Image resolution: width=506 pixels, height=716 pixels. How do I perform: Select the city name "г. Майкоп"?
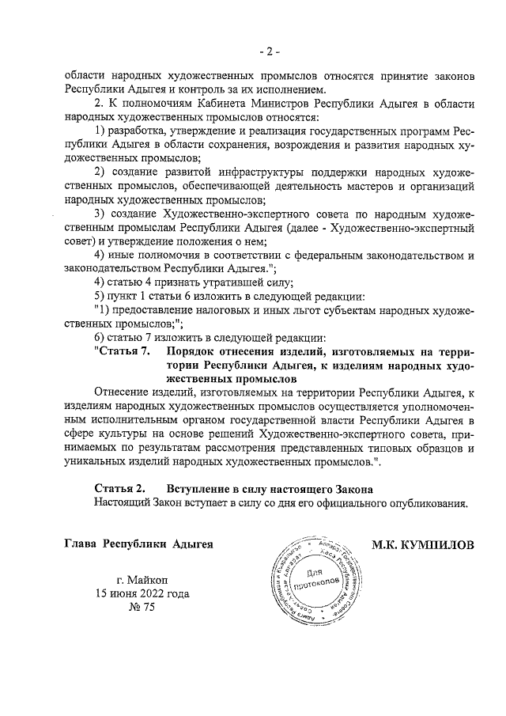tap(142, 579)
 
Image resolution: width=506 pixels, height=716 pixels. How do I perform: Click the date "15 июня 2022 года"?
tap(142, 593)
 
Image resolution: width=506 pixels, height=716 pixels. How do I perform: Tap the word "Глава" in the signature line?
tap(82, 545)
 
